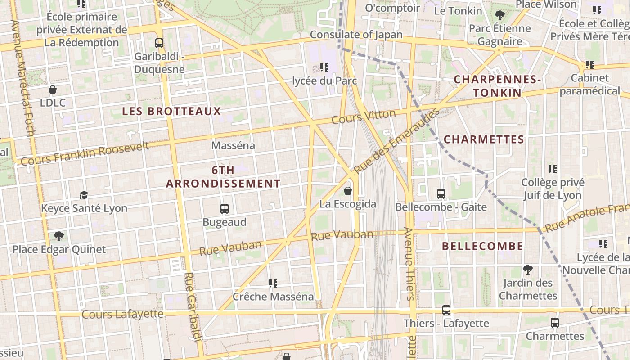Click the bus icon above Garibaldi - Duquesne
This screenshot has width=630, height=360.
tap(159, 43)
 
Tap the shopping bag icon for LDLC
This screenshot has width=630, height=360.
tap(53, 90)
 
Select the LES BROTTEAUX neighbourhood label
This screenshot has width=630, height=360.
tap(172, 111)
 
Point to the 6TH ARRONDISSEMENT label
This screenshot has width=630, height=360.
tap(223, 177)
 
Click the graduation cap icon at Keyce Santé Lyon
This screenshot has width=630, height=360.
tap(84, 195)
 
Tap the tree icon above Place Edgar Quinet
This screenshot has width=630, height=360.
tap(58, 236)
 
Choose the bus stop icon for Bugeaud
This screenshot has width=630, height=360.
tap(225, 209)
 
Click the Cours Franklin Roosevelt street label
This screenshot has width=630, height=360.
tap(85, 153)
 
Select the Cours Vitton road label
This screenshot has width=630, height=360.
tap(364, 117)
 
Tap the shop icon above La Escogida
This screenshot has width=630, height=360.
tap(348, 191)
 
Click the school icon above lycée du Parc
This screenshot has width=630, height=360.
tap(324, 67)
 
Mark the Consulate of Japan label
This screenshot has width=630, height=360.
tap(356, 35)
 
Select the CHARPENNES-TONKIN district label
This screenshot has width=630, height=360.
tap(497, 86)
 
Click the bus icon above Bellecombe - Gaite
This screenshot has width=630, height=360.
tap(441, 194)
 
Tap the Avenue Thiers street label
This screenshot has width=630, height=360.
tap(409, 264)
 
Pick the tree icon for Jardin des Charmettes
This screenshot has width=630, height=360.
tap(528, 270)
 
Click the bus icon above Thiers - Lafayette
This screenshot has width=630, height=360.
tap(446, 310)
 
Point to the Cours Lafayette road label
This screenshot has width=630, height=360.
tap(122, 314)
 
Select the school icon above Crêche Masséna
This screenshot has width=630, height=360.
tap(273, 283)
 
